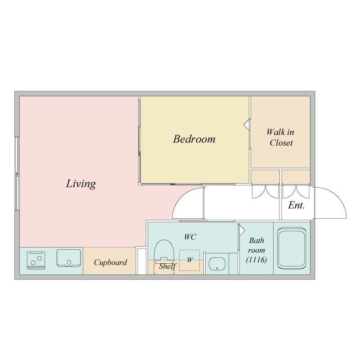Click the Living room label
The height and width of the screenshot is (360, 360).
point(81,184)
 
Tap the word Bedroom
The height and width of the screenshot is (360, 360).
point(194,139)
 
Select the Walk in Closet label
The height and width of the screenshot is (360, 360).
point(280,137)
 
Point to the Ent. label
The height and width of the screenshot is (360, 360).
point(297,205)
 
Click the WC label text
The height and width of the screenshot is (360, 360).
point(190,237)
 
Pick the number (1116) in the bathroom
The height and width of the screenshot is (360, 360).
point(256,260)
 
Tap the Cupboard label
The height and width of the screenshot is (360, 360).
point(110,262)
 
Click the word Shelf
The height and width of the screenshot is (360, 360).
point(167,266)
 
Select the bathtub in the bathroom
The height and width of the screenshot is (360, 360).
point(292,248)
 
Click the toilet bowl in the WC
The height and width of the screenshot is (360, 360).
point(164,256)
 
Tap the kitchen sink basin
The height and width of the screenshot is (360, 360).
point(69,258)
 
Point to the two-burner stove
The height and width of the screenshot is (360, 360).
point(36,261)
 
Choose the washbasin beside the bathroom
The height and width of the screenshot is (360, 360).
point(217,264)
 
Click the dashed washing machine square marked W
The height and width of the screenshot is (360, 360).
point(189,260)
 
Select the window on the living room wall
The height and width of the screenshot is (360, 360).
point(17,174)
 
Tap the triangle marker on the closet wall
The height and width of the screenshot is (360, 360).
point(246,125)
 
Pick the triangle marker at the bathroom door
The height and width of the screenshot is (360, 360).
point(242,230)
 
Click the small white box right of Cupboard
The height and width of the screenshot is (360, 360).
point(141,261)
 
